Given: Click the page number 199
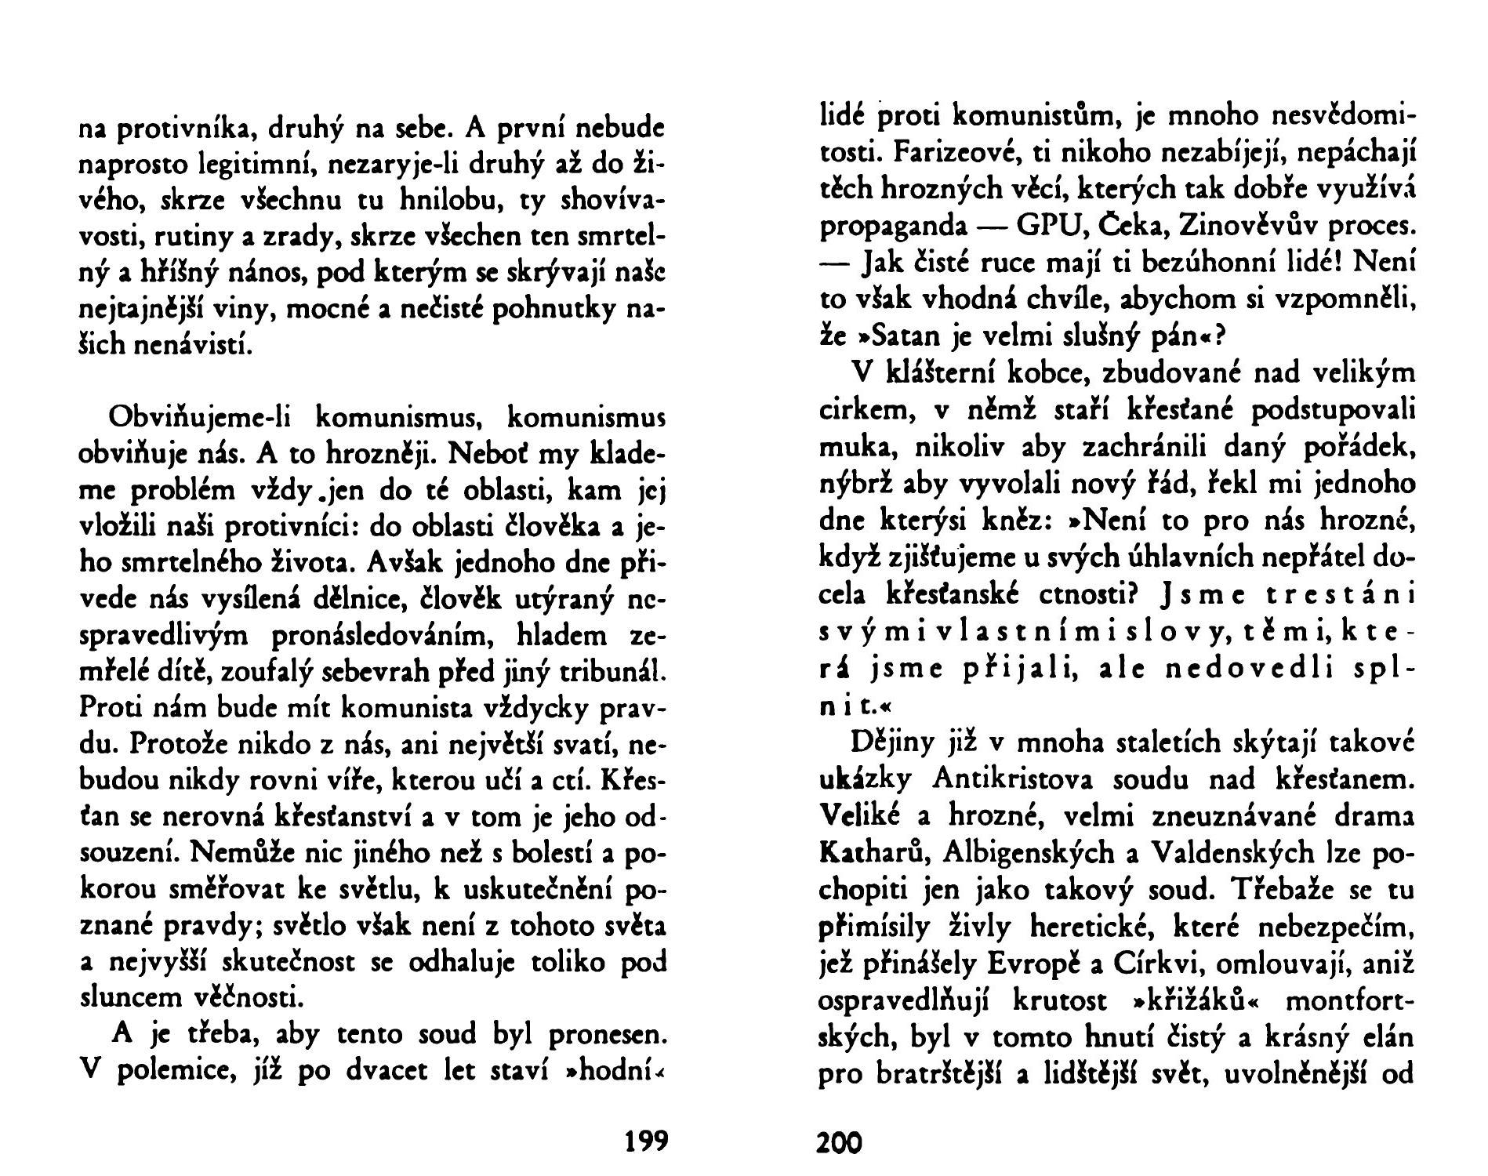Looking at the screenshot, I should (647, 1141).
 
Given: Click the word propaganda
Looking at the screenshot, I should (892, 226).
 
